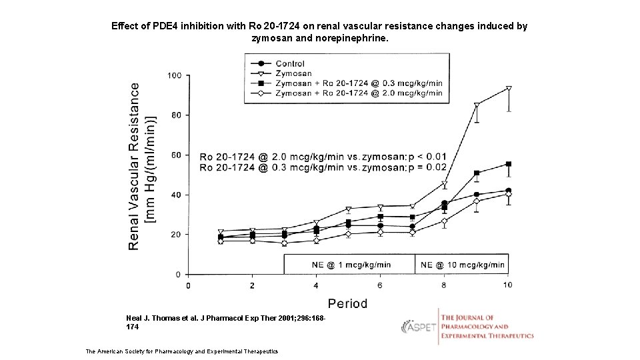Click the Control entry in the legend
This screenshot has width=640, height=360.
click(290, 64)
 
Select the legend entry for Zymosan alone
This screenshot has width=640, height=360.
click(293, 73)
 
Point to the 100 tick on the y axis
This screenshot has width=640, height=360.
click(174, 75)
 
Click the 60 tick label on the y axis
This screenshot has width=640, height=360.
click(176, 155)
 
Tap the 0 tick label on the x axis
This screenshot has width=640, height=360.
click(188, 285)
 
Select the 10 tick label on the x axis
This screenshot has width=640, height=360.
click(507, 285)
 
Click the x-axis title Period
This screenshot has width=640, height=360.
click(347, 303)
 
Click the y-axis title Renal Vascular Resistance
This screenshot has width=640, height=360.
click(134, 167)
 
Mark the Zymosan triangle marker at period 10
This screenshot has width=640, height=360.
click(509, 89)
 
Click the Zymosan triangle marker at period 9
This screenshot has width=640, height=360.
click(477, 105)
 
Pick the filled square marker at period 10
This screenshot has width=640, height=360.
click(509, 164)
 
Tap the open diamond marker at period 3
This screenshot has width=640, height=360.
click(285, 243)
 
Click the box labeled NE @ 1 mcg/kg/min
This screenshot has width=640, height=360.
click(349, 264)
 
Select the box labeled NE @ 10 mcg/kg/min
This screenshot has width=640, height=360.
click(462, 264)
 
